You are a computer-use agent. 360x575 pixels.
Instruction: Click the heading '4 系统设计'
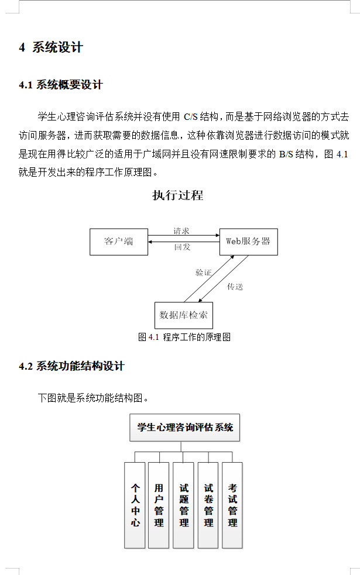click(51, 48)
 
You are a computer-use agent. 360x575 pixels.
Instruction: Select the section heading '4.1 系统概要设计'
click(61, 85)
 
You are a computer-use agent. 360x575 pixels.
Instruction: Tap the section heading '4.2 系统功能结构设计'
click(71, 367)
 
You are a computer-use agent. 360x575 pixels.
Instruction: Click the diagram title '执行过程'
click(178, 195)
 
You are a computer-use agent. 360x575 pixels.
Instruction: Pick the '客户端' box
click(118, 242)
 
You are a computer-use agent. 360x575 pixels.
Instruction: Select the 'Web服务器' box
click(248, 242)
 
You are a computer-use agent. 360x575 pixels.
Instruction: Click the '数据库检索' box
click(183, 316)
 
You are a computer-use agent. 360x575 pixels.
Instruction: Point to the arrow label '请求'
click(181, 231)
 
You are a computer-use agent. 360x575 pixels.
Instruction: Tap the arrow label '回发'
click(182, 247)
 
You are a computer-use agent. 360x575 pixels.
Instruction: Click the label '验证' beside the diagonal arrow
click(203, 273)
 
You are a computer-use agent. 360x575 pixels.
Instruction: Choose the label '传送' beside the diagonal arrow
click(235, 287)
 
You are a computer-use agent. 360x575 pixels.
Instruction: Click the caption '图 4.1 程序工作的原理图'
click(184, 337)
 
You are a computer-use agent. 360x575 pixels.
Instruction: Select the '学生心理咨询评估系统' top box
click(185, 428)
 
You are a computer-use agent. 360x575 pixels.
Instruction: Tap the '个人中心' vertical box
click(135, 505)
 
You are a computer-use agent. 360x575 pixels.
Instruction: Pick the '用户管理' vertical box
click(159, 505)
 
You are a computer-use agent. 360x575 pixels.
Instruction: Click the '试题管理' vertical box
click(184, 505)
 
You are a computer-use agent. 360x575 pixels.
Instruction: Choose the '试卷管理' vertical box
click(208, 505)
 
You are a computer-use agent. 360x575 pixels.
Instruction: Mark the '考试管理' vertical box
click(232, 505)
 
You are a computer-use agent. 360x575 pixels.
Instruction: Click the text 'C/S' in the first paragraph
click(191, 116)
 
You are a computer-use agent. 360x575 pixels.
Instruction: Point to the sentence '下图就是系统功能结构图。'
click(93, 398)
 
